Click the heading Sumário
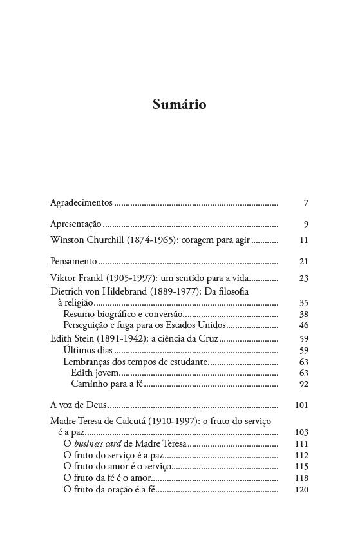[x=180, y=104]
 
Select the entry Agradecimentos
[x=81, y=203]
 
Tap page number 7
[x=307, y=203]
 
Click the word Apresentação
[x=76, y=224]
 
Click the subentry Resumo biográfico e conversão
[x=123, y=313]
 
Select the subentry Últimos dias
[x=88, y=350]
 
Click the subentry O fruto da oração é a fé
[x=109, y=489]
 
